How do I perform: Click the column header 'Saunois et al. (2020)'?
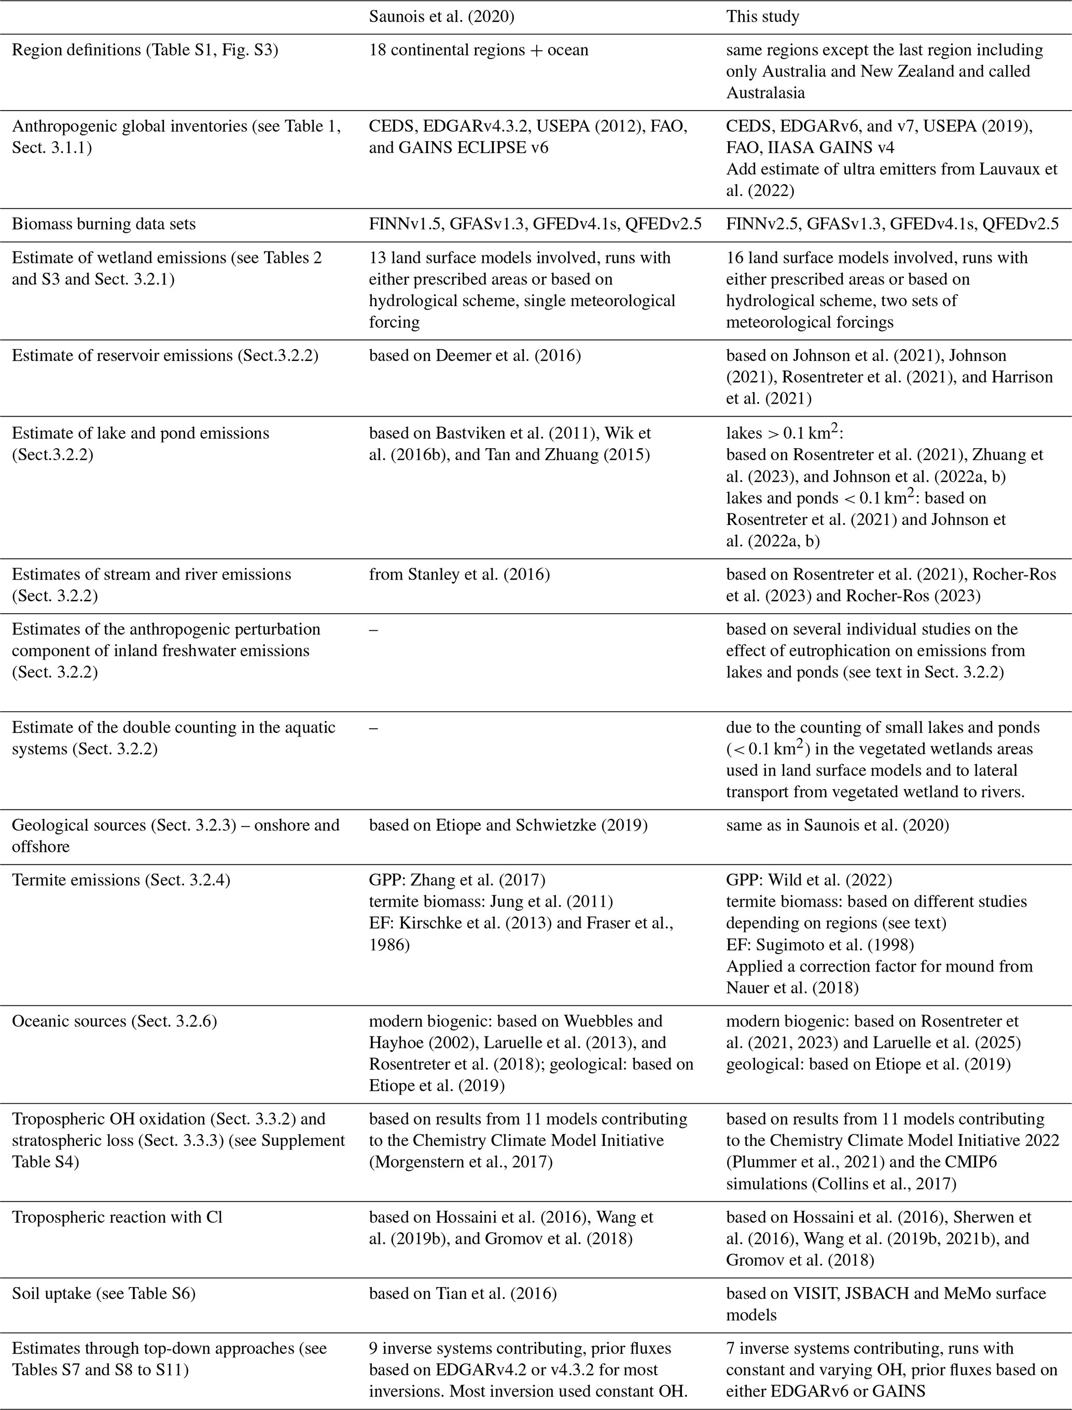click(x=441, y=17)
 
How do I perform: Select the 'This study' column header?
click(x=762, y=17)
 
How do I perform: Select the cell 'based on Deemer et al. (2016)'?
click(x=475, y=355)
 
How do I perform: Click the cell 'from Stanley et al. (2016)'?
click(x=460, y=574)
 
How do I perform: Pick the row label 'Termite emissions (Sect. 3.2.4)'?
click(x=121, y=880)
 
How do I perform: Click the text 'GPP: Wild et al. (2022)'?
click(x=809, y=880)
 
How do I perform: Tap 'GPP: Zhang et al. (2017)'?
click(x=457, y=880)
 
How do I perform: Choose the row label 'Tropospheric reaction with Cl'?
click(x=117, y=1217)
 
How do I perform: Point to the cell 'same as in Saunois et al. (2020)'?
click(x=837, y=825)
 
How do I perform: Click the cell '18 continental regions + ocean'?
click(x=479, y=50)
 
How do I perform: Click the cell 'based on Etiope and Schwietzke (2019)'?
click(x=508, y=825)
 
